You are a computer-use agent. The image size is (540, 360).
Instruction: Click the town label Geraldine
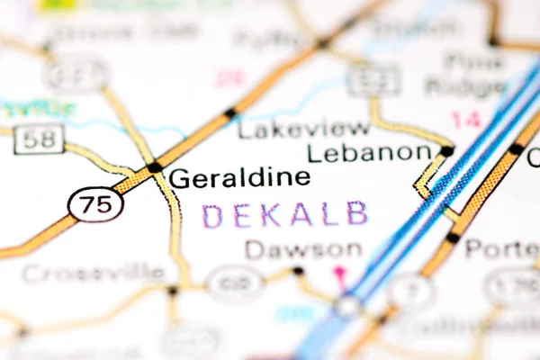click(239, 177)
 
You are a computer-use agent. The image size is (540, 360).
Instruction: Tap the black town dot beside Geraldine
click(155, 167)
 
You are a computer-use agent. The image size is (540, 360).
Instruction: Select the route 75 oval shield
click(95, 204)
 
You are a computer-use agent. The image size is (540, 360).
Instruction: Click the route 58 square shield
click(39, 139)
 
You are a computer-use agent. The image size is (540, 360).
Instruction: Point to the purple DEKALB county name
click(284, 214)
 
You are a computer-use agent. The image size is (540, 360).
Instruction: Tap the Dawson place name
click(303, 250)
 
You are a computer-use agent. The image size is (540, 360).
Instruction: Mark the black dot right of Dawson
click(298, 270)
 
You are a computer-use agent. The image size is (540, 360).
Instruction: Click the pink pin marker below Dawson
click(340, 272)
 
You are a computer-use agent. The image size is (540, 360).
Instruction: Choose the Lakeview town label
click(303, 129)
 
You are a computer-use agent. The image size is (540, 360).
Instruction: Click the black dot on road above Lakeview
click(229, 112)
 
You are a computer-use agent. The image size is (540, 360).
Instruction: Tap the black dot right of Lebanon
click(446, 151)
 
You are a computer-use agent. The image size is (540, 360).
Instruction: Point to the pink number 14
click(465, 118)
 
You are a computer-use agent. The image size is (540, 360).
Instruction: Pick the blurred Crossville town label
click(93, 273)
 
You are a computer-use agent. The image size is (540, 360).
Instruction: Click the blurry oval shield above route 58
click(76, 74)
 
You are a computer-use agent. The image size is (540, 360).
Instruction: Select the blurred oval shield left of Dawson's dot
click(235, 283)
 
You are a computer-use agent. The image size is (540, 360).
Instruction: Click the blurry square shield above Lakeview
click(373, 81)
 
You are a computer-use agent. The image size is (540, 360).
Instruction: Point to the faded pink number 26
click(230, 78)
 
